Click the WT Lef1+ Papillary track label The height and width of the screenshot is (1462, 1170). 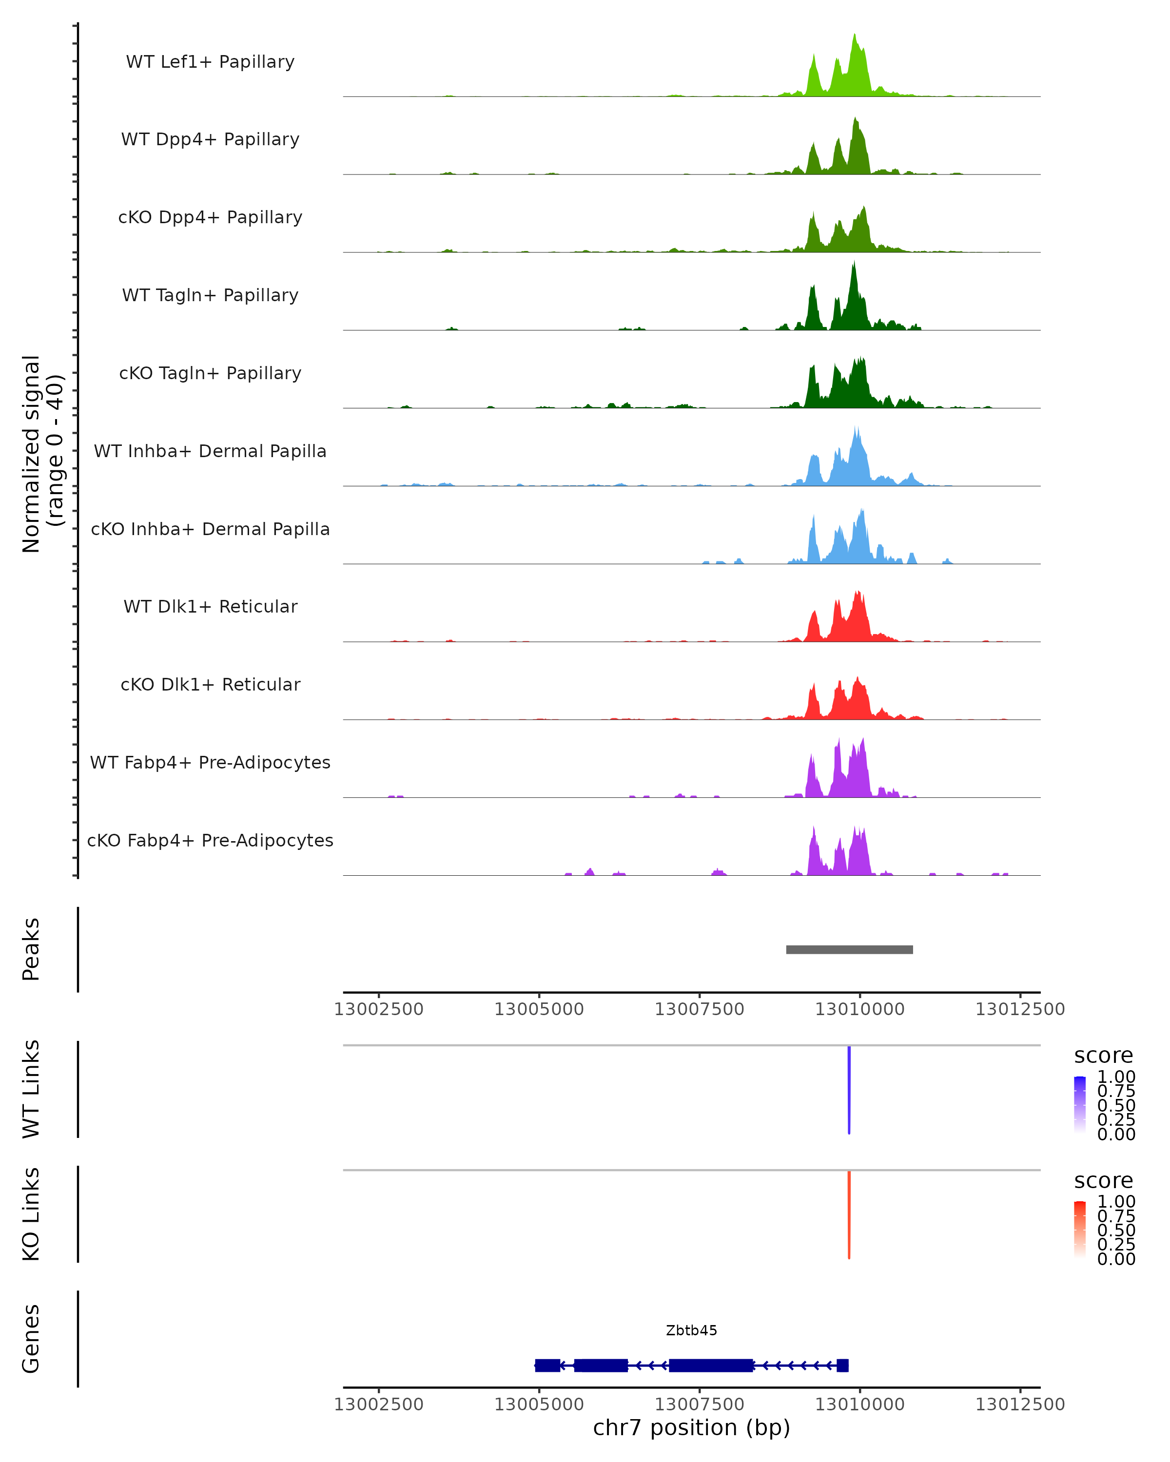(210, 62)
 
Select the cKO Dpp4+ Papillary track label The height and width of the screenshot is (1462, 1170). (210, 218)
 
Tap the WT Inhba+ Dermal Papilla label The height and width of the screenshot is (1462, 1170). (210, 452)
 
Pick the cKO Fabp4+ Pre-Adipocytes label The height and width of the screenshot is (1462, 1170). (210, 841)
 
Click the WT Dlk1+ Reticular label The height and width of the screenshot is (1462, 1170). (210, 607)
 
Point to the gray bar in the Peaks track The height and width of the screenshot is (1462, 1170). (849, 950)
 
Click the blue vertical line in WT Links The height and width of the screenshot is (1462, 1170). (849, 1090)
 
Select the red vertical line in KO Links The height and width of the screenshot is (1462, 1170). (849, 1214)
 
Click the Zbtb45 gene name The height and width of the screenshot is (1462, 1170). (691, 1330)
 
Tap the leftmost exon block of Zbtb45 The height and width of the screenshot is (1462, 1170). (547, 1366)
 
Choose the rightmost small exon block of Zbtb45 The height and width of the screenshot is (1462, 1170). (842, 1366)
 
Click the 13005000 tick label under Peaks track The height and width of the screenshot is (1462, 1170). (539, 1010)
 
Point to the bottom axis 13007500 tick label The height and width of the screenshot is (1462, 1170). (699, 1404)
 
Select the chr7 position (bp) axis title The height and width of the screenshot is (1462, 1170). (691, 1428)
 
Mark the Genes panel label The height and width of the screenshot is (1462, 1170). (31, 1339)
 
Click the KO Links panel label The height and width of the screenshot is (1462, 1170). (31, 1214)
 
